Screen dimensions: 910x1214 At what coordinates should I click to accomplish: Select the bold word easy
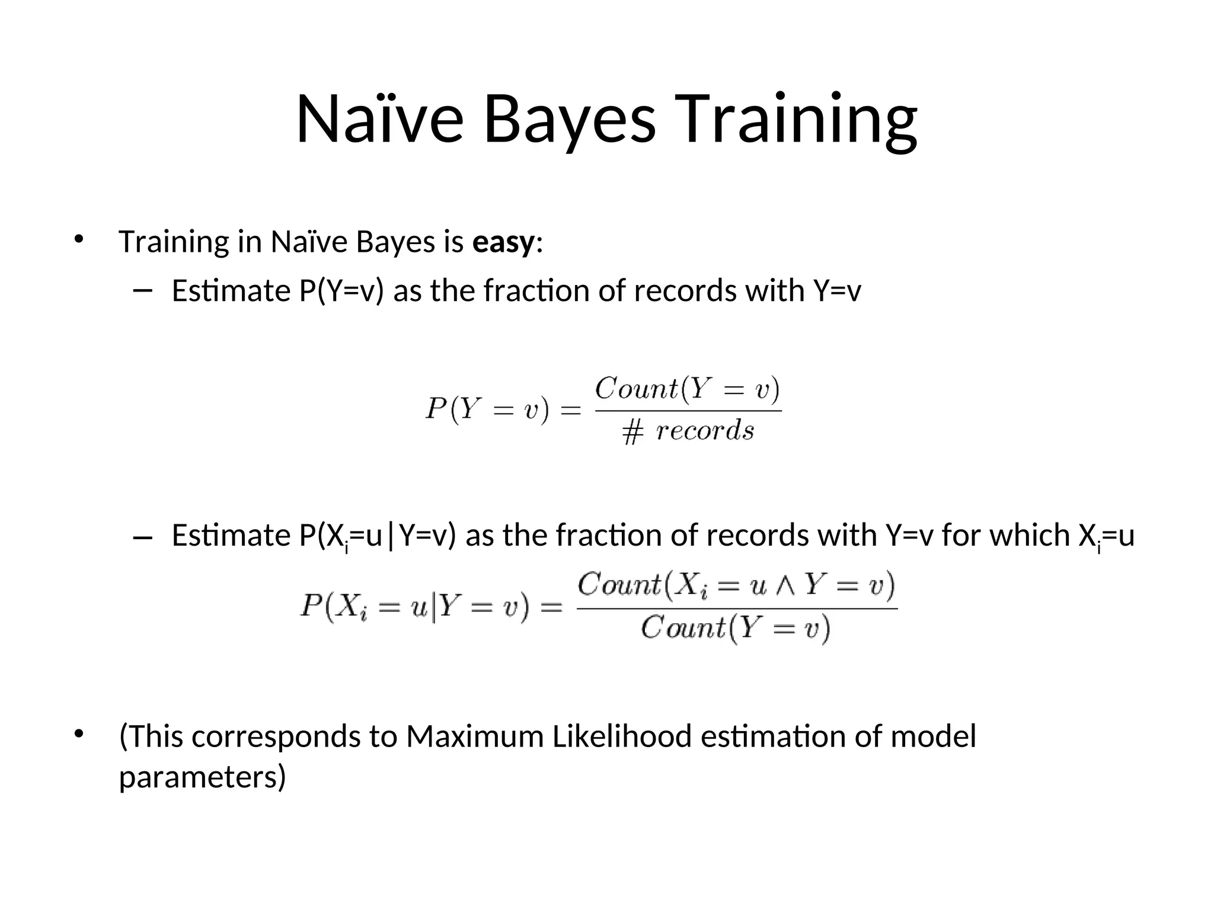503,242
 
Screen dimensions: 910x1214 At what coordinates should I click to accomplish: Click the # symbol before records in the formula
632,431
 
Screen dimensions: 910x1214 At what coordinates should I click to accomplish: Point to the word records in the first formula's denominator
705,430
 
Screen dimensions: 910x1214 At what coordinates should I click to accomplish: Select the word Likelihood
622,736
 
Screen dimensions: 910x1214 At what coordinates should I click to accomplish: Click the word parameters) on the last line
202,777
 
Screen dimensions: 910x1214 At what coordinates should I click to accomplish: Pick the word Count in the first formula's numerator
635,389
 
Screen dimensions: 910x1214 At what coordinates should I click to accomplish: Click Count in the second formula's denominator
682,627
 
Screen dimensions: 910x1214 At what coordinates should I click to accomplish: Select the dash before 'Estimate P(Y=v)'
143,290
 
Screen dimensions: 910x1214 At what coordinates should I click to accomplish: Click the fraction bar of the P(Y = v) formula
688,410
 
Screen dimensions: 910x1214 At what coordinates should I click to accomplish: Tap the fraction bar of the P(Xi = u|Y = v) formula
737,608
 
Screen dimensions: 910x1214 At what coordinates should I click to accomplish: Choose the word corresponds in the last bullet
276,736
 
